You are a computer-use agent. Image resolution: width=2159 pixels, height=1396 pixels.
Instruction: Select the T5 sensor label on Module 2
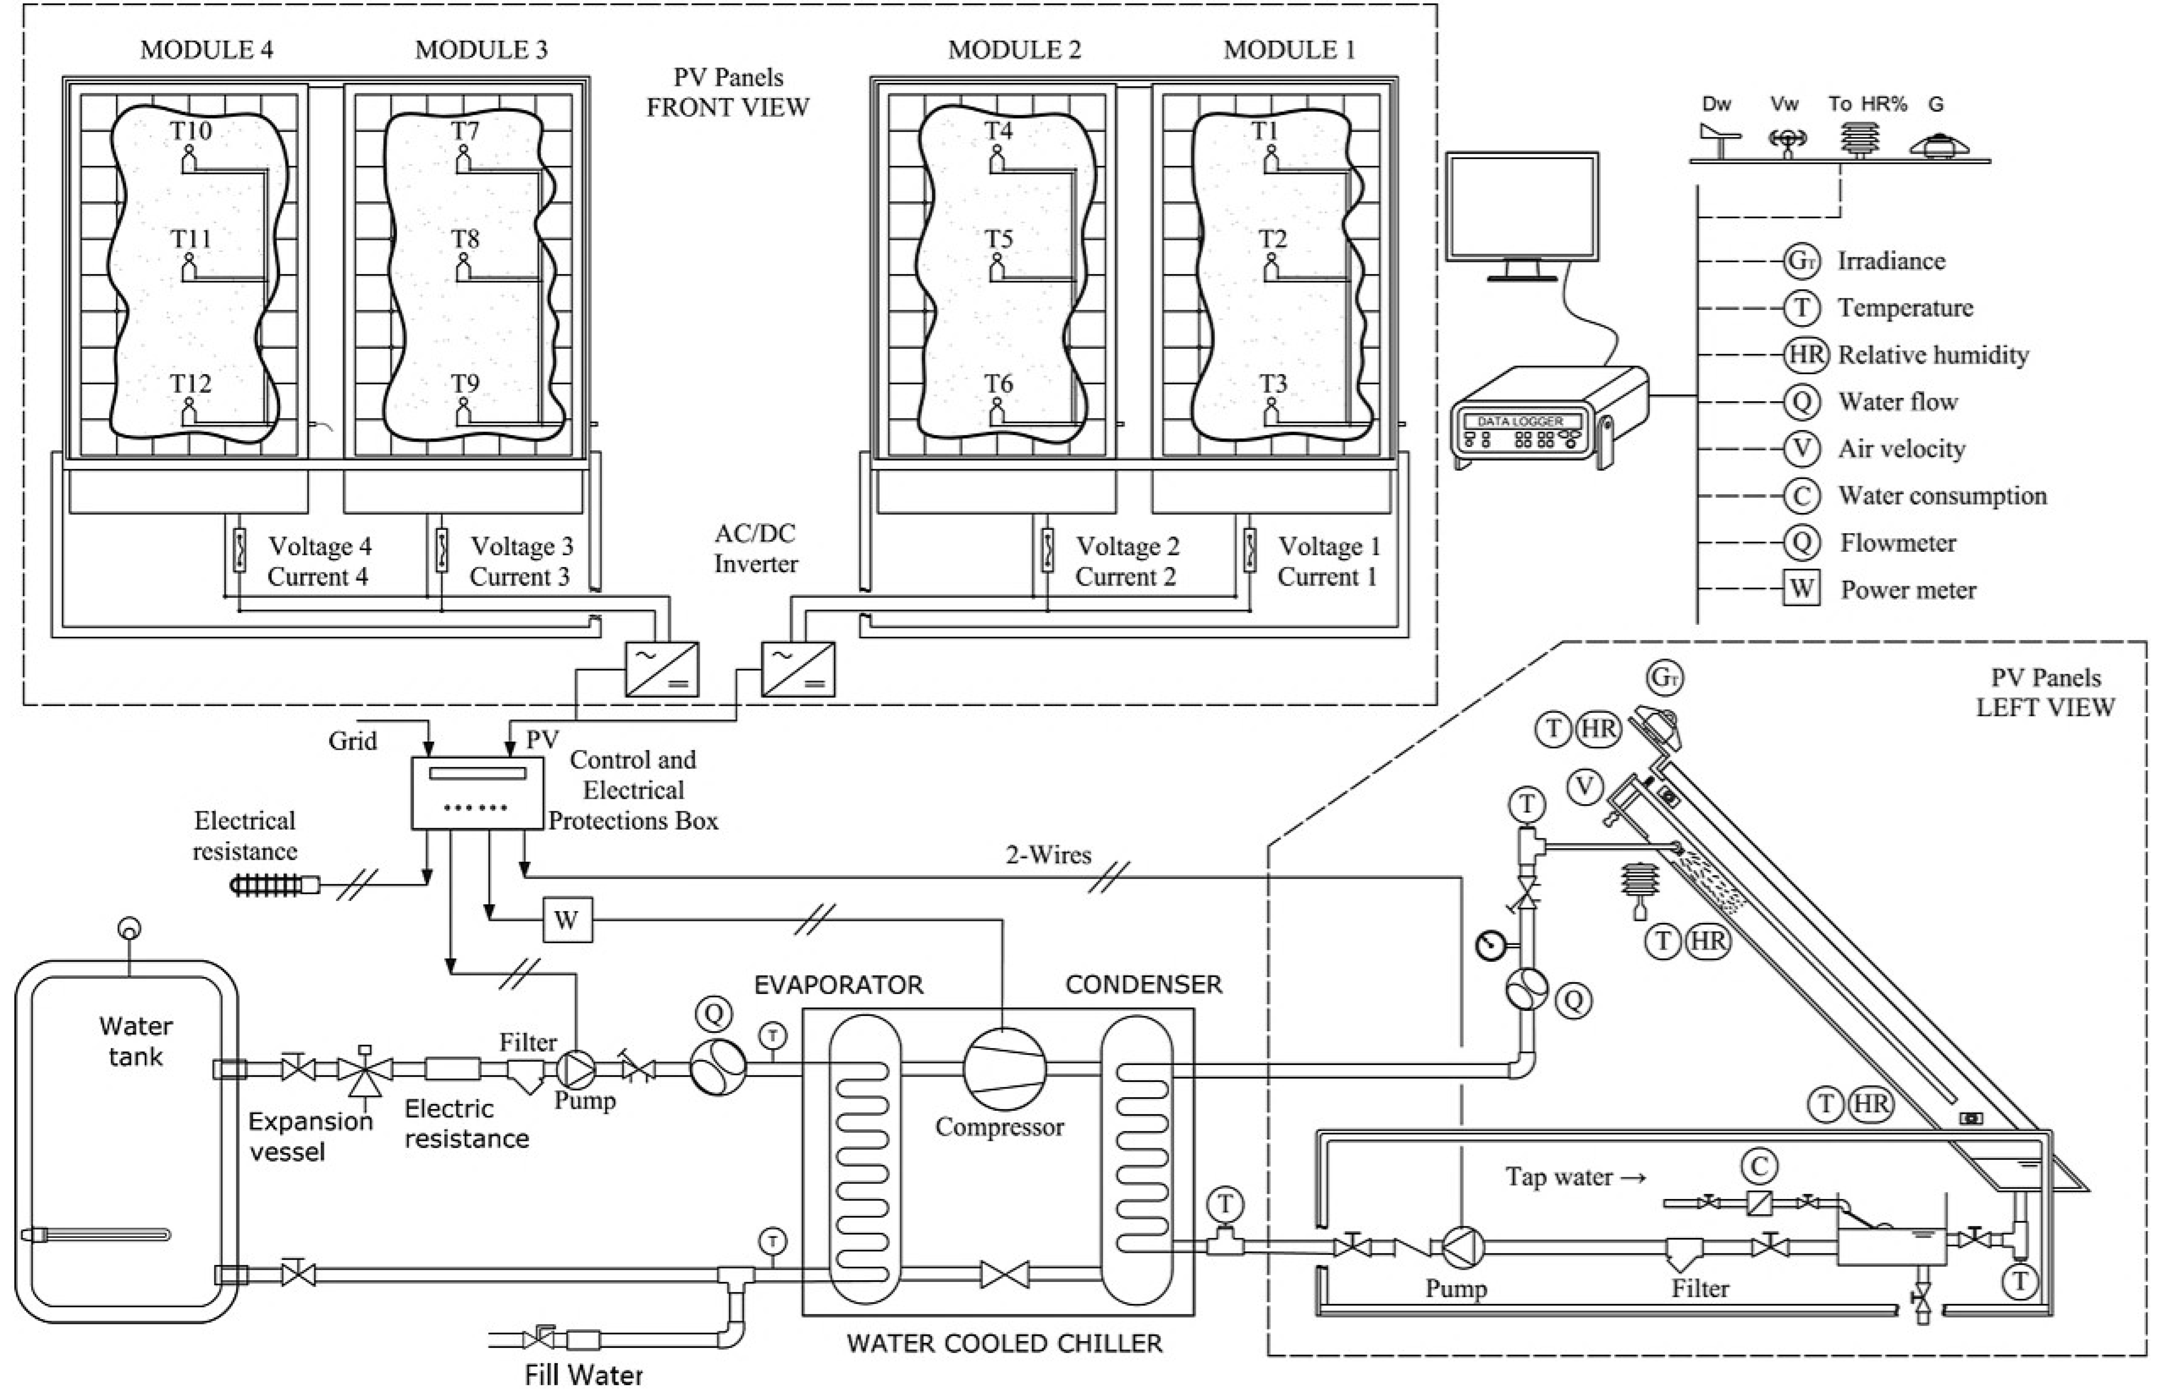(x=998, y=239)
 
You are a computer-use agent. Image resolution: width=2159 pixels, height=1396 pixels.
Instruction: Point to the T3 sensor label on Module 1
(x=1272, y=384)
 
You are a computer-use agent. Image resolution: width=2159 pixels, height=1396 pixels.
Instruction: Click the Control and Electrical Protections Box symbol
(x=478, y=792)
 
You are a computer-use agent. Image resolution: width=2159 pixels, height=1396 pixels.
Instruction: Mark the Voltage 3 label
(x=521, y=547)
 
